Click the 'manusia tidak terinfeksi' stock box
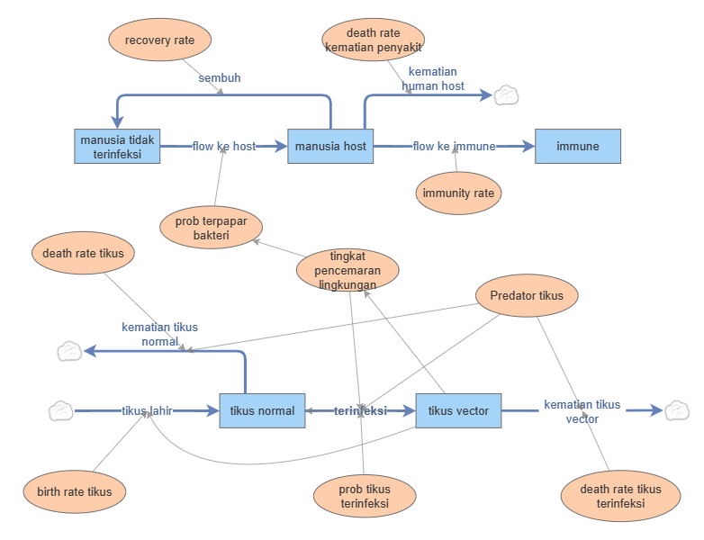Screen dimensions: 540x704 point(117,146)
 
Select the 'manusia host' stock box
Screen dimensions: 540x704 point(330,146)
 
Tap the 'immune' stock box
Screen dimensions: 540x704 point(577,146)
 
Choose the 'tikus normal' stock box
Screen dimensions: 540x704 point(262,410)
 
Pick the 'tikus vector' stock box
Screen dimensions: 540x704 point(458,410)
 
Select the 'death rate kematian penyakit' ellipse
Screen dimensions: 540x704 point(373,40)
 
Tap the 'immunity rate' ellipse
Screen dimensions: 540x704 point(458,193)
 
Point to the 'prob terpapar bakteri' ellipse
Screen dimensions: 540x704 point(211,229)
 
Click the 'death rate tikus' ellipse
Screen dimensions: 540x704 point(83,254)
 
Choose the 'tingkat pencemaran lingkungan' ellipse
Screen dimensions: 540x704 point(347,270)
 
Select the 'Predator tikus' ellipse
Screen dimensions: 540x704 point(527,295)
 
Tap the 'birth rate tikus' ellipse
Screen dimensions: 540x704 point(75,491)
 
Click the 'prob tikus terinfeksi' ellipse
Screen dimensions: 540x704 point(365,497)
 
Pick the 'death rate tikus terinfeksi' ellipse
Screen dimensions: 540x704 point(620,497)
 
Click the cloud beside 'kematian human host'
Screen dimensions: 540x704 point(506,94)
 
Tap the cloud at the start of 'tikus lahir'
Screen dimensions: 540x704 point(60,410)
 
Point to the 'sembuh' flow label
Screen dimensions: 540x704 point(220,77)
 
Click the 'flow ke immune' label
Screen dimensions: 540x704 point(455,146)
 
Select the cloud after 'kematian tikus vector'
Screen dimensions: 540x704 point(676,410)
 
